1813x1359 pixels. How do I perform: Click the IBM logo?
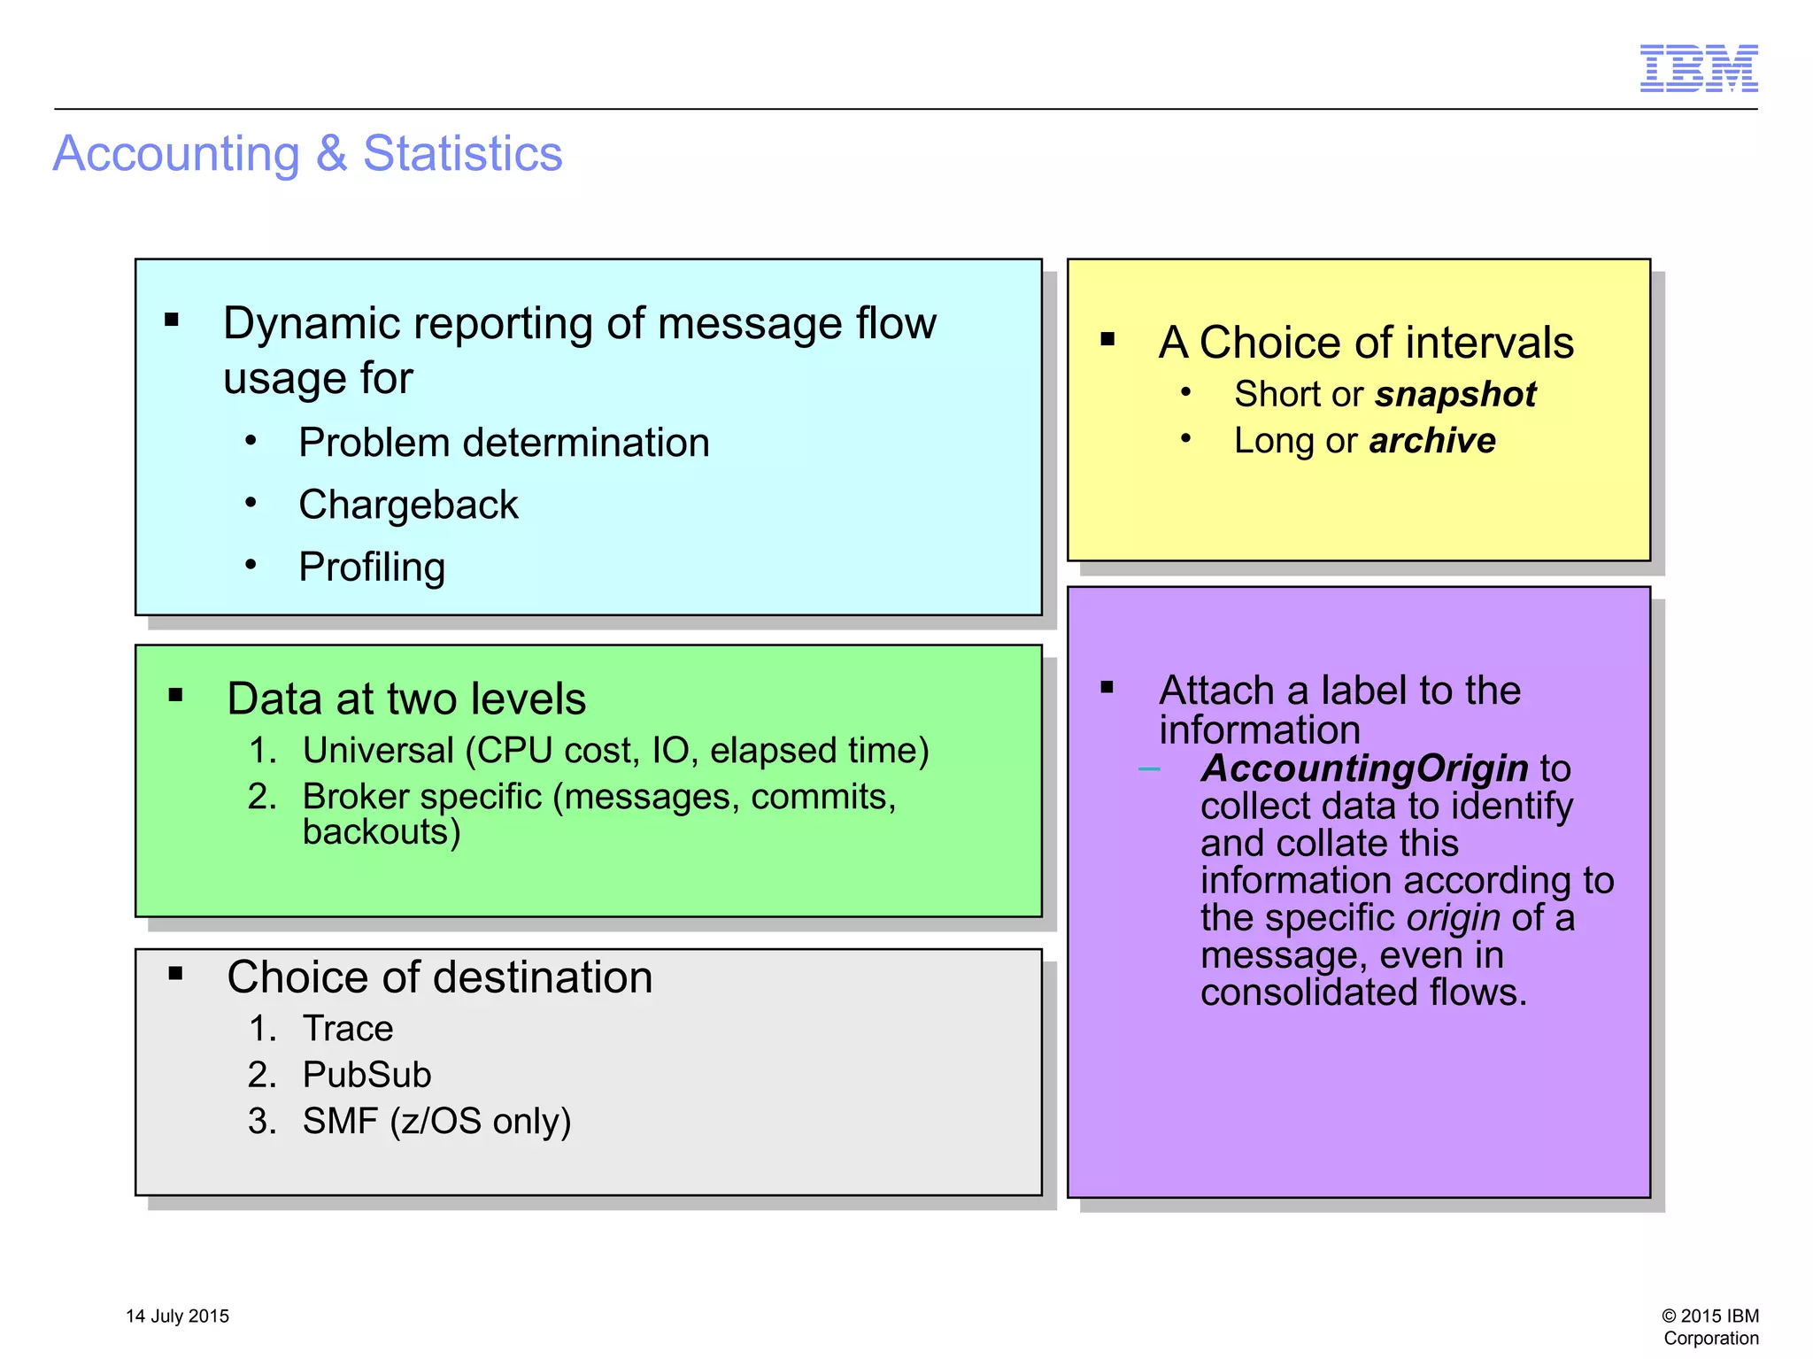click(1698, 68)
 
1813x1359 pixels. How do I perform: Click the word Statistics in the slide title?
click(462, 153)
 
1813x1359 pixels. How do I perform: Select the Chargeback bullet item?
click(408, 505)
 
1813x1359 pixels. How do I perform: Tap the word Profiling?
click(372, 567)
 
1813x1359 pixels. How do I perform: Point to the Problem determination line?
click(504, 442)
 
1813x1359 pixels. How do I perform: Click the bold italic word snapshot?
click(1455, 394)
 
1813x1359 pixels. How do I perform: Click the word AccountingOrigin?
click(1364, 768)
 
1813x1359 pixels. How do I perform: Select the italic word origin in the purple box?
click(1453, 917)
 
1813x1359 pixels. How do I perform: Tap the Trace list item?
click(347, 1028)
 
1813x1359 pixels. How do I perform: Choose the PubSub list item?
click(366, 1074)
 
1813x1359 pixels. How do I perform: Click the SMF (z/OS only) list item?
click(436, 1121)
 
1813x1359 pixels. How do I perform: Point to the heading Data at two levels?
click(406, 699)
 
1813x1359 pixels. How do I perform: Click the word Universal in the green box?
click(378, 750)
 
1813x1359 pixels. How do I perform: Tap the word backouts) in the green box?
click(382, 832)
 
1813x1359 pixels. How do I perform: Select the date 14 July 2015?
click(177, 1316)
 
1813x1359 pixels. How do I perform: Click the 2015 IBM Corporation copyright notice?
click(1709, 1326)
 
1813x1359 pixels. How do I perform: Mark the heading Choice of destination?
click(439, 977)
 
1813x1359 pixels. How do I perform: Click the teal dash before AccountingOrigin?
click(1148, 769)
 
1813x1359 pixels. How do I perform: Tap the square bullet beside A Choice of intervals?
click(1107, 339)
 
